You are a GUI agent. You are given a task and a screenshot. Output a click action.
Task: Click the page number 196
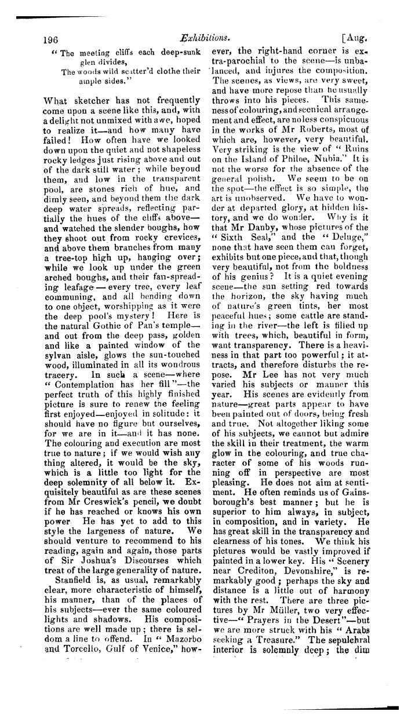tap(52, 40)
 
